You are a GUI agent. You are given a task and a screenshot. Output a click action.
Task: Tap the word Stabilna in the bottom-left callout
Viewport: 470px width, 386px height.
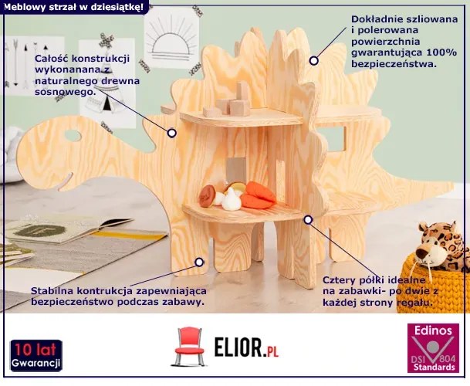[56, 289]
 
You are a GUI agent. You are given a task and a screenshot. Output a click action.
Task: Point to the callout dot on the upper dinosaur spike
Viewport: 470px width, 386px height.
[313, 60]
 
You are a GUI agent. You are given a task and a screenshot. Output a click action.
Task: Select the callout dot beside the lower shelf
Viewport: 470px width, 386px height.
[308, 220]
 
